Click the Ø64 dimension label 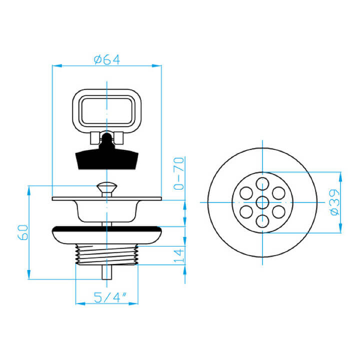(107, 59)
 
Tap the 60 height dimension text (23, 232)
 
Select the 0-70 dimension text (179, 173)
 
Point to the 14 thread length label (179, 256)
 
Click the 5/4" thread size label (110, 297)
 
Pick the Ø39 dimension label (334, 202)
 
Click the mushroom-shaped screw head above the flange (107, 186)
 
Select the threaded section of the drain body (107, 254)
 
